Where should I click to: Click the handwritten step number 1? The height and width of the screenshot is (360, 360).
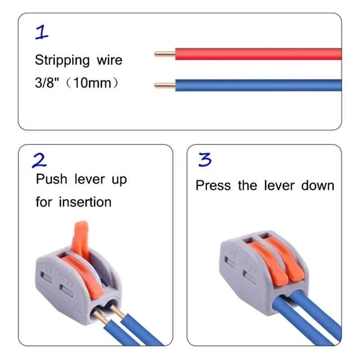point(42,32)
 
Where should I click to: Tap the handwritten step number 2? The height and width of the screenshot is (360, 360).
point(39,160)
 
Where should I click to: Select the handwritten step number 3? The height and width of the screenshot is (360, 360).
point(205,159)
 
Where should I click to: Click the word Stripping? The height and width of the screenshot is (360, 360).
point(62,60)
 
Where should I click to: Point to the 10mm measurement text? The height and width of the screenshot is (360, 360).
point(92,83)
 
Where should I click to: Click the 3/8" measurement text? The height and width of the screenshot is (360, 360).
point(47,83)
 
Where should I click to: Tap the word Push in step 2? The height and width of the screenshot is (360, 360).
point(51,179)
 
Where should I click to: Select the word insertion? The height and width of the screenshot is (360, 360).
point(85,202)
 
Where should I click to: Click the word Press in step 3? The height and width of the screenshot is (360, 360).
point(213,185)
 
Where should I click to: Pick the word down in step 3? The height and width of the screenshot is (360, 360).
point(318,185)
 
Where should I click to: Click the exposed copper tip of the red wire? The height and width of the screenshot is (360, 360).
point(165,54)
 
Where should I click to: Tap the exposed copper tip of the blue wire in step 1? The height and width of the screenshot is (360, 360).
point(165,85)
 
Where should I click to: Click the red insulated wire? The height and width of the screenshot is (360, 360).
point(258,54)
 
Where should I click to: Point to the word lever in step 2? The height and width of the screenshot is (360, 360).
point(90,179)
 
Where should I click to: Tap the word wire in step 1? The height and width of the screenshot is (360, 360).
point(109,60)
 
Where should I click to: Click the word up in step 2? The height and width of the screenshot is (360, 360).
point(119,180)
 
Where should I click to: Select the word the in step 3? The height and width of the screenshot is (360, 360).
point(247,185)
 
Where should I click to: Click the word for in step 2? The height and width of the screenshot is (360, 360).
point(44,202)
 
